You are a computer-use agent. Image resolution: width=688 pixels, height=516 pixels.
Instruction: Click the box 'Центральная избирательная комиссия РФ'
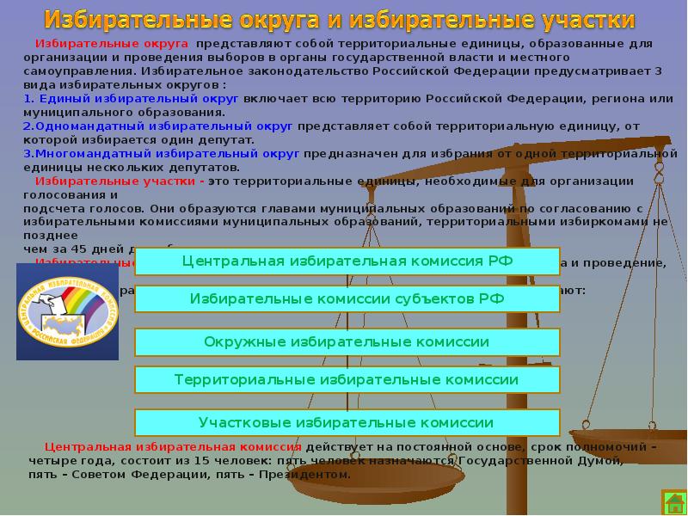click(x=347, y=261)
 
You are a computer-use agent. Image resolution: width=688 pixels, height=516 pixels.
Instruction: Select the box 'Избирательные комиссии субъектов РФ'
click(x=347, y=298)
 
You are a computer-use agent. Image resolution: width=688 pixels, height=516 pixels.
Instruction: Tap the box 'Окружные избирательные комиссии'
click(x=347, y=341)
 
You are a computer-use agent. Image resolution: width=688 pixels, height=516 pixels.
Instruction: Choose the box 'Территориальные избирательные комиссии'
click(x=347, y=379)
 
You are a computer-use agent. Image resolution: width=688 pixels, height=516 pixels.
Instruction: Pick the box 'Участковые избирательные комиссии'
click(x=347, y=422)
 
